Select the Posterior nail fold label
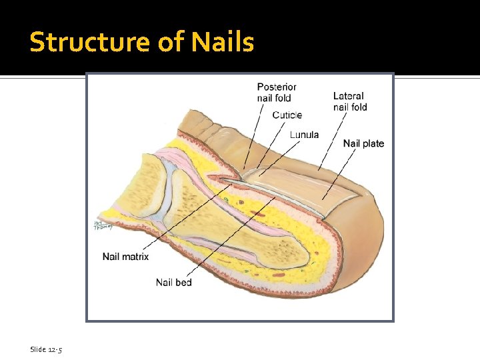pos(277,92)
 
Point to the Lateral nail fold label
pos(350,101)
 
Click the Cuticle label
pos(287,115)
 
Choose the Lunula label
pos(304,135)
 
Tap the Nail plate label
pos(363,143)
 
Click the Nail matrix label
pos(125,256)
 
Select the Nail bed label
pos(173,282)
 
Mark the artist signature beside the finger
pos(101,226)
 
